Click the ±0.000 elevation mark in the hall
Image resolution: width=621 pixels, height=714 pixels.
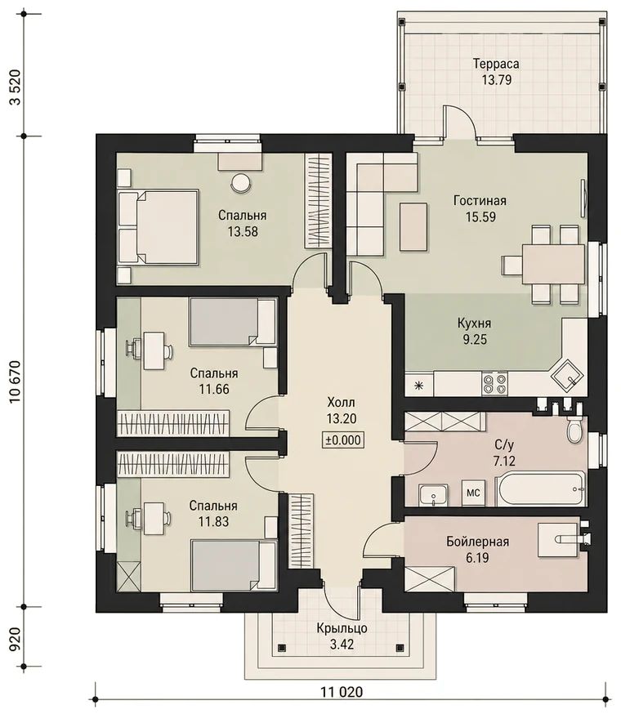coord(343,440)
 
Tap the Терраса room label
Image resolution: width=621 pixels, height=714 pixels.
coord(496,63)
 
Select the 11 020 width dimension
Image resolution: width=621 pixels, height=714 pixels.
coord(342,692)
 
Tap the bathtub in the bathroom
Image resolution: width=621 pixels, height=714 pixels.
coord(540,489)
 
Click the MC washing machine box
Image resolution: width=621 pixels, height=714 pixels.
coord(473,493)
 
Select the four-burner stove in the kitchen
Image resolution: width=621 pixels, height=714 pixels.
coord(494,383)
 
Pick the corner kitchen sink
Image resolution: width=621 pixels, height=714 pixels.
coord(567,376)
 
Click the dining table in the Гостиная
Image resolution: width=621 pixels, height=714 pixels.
coord(553,264)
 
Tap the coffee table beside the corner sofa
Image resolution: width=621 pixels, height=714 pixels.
coord(413,227)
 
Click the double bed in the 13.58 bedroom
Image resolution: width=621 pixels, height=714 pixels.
coord(158,228)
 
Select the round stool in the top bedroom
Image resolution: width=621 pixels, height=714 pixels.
coord(240,183)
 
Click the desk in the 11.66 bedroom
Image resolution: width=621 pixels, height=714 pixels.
coord(154,350)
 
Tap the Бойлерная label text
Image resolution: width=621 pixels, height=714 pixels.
coord(477,542)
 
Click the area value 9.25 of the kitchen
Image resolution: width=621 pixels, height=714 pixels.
coord(475,339)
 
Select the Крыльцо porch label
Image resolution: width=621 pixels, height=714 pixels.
coord(342,628)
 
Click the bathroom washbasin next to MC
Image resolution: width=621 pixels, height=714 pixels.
coord(433,495)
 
